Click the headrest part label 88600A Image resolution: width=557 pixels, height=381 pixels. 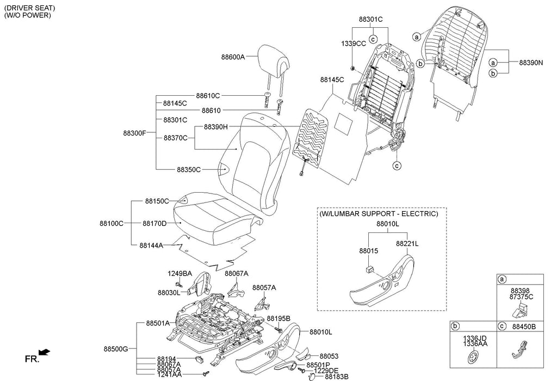233,57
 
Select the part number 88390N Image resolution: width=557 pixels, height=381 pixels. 531,63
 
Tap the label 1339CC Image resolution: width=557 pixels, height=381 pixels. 354,44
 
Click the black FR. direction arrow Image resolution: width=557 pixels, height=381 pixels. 45,352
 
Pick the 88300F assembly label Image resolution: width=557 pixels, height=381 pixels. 135,133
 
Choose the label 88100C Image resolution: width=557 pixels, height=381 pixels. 112,224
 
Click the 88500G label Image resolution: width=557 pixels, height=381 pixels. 116,349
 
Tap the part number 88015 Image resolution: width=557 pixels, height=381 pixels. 369,251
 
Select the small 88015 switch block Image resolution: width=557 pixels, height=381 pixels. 369,268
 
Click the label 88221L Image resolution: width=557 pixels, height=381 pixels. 407,244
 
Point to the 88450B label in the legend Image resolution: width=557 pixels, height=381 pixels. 524,326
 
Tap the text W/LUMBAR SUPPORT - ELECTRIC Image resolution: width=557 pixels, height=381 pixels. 379,213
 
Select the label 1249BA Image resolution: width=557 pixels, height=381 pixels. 180,274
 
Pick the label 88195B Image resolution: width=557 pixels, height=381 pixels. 278,318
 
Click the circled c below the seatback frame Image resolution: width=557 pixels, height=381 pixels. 397,165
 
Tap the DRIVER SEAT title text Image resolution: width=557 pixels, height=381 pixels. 30,8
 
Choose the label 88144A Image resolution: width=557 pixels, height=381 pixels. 151,245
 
